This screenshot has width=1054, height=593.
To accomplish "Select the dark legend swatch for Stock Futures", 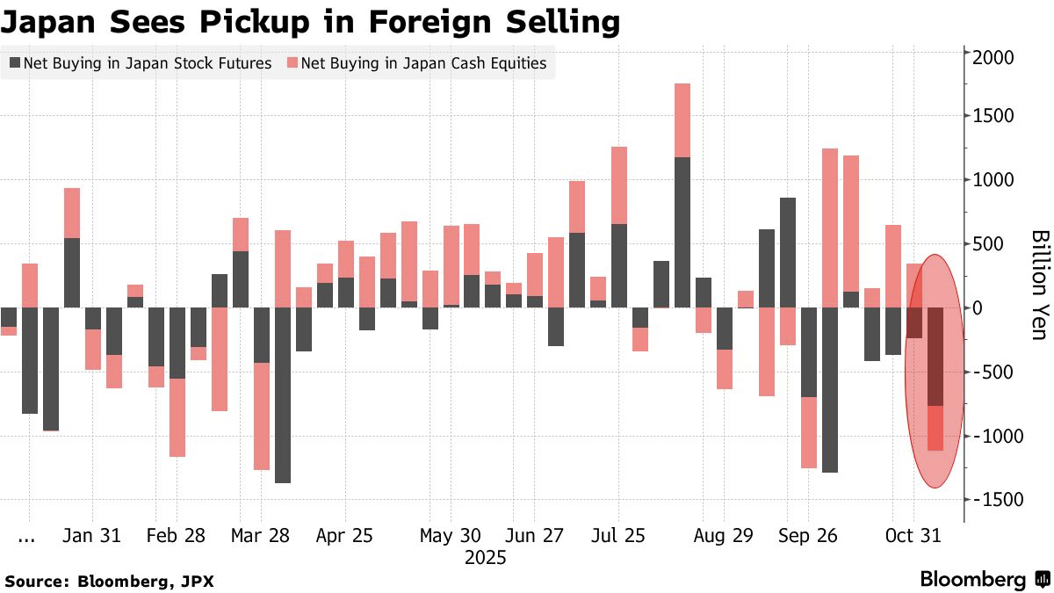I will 15,63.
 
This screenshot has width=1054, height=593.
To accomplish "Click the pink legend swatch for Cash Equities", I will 292,63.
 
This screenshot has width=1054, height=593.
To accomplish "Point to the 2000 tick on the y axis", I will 993,56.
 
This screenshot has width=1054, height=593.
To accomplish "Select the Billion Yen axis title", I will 1039,285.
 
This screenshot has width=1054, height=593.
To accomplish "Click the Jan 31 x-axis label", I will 91,535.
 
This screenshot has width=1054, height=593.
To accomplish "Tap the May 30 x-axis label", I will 451,535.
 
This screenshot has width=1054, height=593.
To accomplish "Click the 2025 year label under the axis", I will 485,557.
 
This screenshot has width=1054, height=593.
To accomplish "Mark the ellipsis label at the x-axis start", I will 26,535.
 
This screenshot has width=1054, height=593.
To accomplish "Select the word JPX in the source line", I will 198,581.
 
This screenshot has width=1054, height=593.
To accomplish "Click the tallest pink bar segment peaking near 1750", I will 682,120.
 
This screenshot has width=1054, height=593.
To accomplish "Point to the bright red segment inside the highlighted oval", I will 935,428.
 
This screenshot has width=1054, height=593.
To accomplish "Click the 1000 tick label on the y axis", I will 993,180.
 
